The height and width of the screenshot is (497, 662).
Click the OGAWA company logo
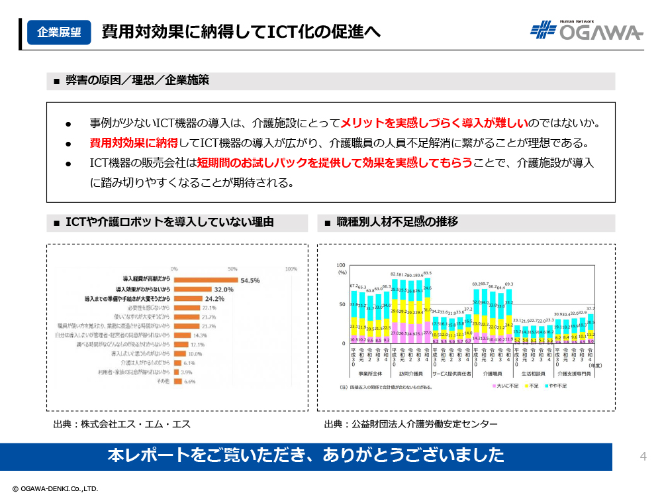click(x=587, y=30)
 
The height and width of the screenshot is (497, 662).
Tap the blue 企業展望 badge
click(x=59, y=32)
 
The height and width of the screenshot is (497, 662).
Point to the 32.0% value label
click(x=224, y=290)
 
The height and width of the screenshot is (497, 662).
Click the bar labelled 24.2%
click(x=188, y=299)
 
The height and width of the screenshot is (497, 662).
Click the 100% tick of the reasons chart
click(x=291, y=269)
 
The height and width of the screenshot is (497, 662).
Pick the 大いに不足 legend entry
click(x=508, y=384)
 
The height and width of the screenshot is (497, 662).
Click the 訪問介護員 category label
click(x=411, y=374)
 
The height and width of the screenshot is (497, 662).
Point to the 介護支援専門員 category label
click(x=573, y=374)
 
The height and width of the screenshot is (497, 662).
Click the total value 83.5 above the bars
click(x=427, y=273)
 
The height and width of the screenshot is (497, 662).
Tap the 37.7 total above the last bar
click(x=591, y=309)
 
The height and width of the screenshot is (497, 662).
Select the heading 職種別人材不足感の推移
click(x=397, y=222)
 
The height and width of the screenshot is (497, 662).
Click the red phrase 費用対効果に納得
click(x=134, y=142)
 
